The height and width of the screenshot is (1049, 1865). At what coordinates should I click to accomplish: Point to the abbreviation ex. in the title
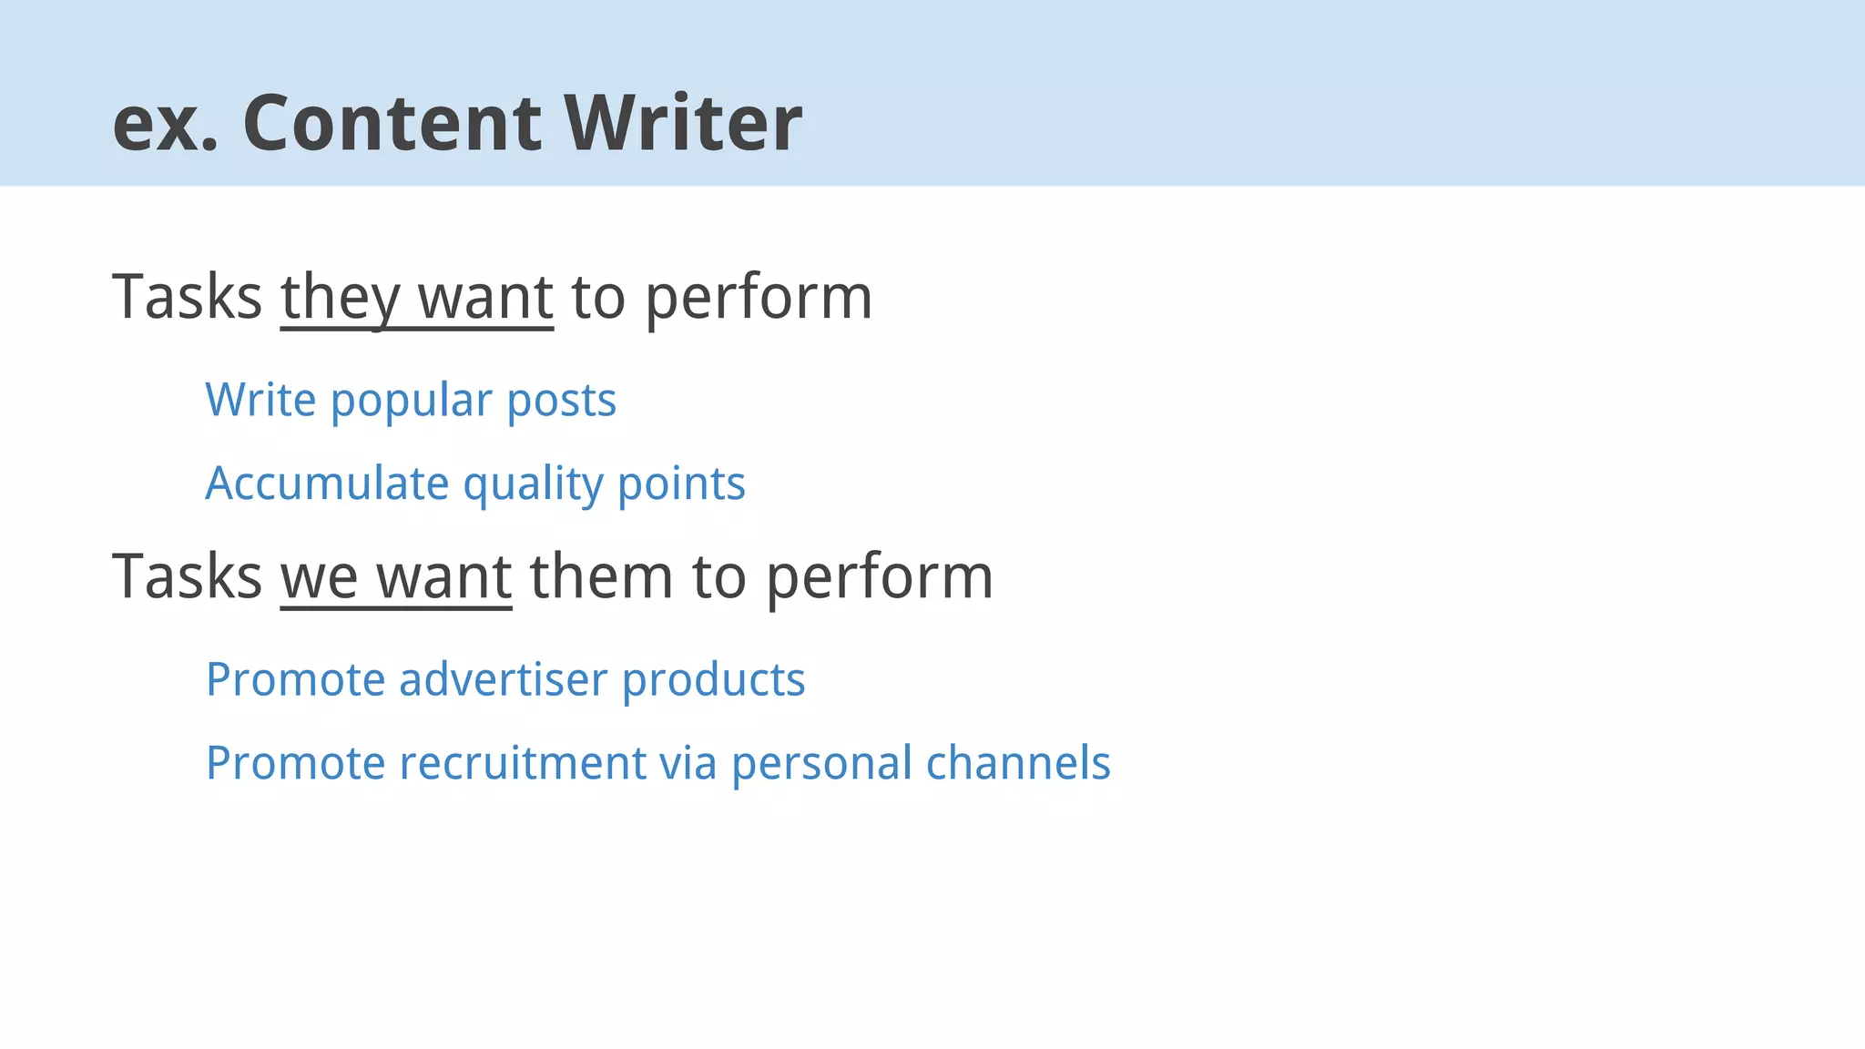pyautogui.click(x=165, y=125)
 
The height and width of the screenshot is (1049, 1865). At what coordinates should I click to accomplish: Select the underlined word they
pyautogui.click(x=340, y=298)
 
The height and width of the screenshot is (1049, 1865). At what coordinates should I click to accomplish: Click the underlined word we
pyautogui.click(x=319, y=577)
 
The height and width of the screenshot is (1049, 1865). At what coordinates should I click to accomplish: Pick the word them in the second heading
pyautogui.click(x=601, y=577)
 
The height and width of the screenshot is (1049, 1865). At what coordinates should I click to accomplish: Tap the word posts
pyautogui.click(x=561, y=401)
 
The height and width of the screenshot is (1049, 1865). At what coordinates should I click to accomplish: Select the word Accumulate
pyautogui.click(x=327, y=484)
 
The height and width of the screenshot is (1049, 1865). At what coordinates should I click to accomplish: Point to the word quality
pyautogui.click(x=533, y=485)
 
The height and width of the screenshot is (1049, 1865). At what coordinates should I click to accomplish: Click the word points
pyautogui.click(x=681, y=484)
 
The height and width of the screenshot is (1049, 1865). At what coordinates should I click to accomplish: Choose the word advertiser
pyautogui.click(x=503, y=680)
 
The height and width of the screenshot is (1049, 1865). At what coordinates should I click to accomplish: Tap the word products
pyautogui.click(x=713, y=680)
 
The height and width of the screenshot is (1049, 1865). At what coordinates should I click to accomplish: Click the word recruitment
pyautogui.click(x=523, y=763)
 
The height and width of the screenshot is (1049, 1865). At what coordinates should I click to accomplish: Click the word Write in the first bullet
pyautogui.click(x=260, y=401)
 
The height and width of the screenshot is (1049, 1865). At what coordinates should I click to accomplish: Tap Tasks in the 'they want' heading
pyautogui.click(x=187, y=298)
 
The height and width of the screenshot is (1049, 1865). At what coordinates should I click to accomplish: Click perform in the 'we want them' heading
pyautogui.click(x=879, y=577)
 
